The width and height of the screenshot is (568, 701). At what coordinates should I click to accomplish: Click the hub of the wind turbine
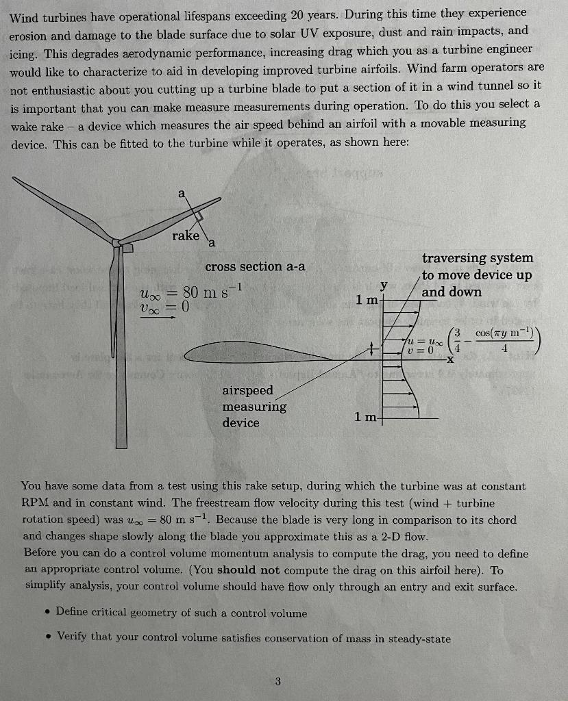118,243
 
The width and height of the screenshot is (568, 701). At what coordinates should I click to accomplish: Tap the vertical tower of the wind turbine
121,356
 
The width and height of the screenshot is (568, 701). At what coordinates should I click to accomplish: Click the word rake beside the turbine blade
186,235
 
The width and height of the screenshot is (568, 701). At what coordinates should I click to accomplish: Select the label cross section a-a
255,266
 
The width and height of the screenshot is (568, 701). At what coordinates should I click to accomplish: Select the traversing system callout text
477,275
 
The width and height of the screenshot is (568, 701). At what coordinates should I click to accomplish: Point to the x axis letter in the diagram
451,359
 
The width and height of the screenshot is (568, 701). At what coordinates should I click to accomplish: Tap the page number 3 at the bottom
277,680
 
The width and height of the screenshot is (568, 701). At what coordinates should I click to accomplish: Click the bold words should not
248,570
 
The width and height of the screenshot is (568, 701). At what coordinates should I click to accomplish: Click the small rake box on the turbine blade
197,216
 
